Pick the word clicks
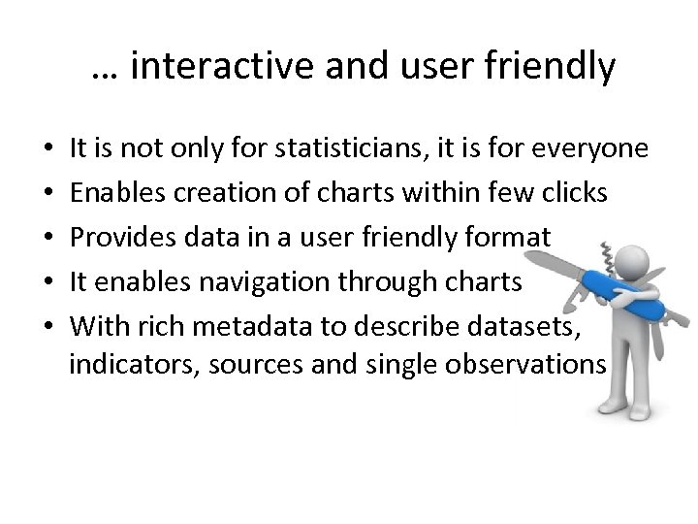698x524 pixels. [x=574, y=193]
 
